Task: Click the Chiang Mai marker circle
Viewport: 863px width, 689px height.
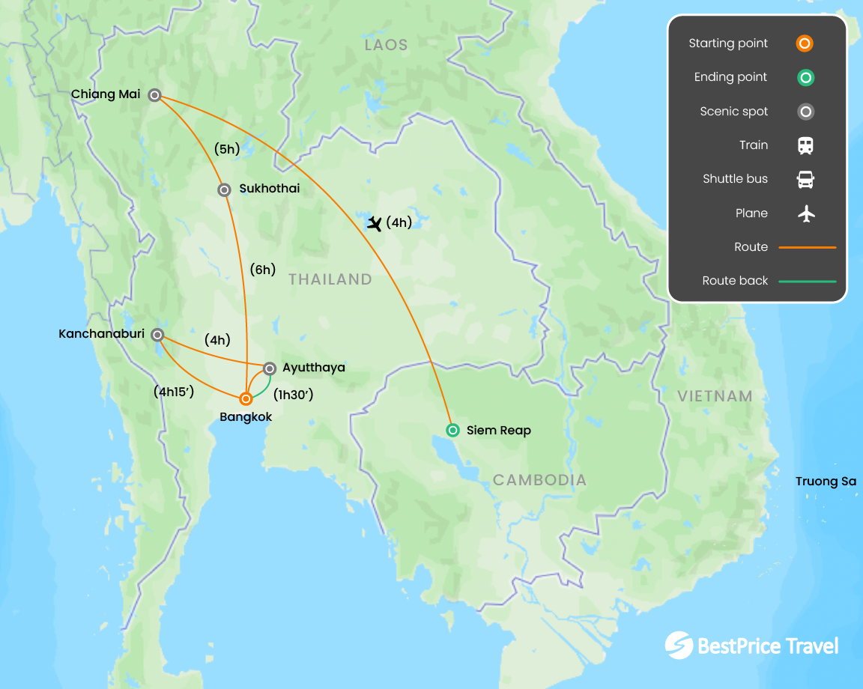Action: [154, 95]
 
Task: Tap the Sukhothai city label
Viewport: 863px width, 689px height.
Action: [270, 189]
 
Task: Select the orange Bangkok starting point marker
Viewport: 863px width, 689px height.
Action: [246, 399]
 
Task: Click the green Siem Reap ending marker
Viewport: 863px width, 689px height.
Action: [452, 430]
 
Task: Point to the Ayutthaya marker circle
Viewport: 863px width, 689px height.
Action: [270, 368]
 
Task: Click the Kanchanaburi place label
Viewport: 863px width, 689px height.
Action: [102, 334]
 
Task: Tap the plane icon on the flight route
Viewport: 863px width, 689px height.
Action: [375, 223]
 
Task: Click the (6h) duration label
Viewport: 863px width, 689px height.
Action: [262, 270]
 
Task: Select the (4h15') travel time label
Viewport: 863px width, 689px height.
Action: [174, 391]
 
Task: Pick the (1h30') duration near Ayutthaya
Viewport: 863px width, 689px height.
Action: [293, 395]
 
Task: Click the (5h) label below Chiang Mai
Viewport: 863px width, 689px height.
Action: [227, 149]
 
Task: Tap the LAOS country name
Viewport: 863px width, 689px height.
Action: [386, 45]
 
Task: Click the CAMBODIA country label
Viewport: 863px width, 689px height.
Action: [539, 480]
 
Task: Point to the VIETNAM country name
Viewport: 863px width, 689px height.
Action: [715, 396]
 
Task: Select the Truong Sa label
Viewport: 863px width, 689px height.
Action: [826, 482]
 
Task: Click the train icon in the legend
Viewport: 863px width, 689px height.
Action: [805, 145]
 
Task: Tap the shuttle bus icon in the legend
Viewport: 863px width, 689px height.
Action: [805, 180]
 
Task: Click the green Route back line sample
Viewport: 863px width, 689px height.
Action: [808, 281]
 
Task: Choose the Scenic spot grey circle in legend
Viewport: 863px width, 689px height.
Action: [805, 112]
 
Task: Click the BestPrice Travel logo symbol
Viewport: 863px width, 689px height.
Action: [679, 646]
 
